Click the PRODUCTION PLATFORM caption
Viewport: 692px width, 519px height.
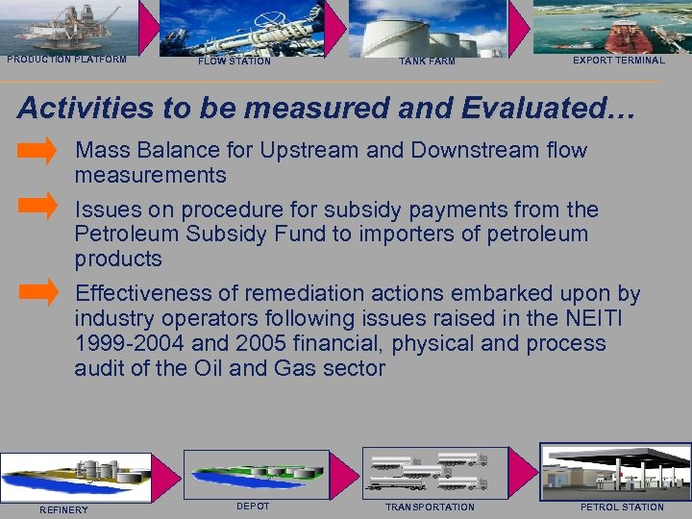pos(66,60)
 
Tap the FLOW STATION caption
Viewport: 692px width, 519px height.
pos(235,62)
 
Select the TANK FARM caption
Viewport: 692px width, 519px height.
pos(427,62)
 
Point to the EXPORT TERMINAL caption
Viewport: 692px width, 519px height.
pos(618,61)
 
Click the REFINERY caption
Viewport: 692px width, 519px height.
pos(63,509)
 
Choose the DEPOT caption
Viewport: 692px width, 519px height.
pos(253,506)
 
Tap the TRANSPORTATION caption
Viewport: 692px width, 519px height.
pos(430,507)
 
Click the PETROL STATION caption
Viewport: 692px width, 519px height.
pos(622,507)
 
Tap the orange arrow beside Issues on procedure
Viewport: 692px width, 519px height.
pos(38,205)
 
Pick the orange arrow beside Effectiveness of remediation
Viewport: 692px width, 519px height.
pos(38,291)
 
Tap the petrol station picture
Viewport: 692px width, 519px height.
pos(615,471)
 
